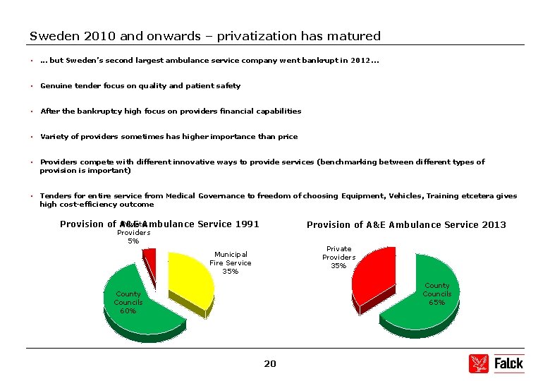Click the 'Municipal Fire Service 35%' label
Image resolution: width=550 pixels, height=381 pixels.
(x=230, y=262)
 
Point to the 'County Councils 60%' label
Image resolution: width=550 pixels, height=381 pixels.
(x=128, y=302)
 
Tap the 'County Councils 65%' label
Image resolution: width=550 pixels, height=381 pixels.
(x=436, y=294)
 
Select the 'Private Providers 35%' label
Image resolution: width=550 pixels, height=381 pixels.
(x=338, y=257)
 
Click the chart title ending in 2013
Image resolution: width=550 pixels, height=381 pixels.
(x=406, y=225)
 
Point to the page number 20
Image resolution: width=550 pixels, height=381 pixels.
(x=270, y=363)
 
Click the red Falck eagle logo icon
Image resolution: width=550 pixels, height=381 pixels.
(x=478, y=363)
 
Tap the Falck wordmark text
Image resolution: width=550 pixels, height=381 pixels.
(x=508, y=363)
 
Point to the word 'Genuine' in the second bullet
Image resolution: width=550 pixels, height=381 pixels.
(x=55, y=86)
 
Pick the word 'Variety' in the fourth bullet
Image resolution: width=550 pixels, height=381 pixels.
(x=54, y=137)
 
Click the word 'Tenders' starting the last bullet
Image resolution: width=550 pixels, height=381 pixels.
(x=55, y=196)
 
